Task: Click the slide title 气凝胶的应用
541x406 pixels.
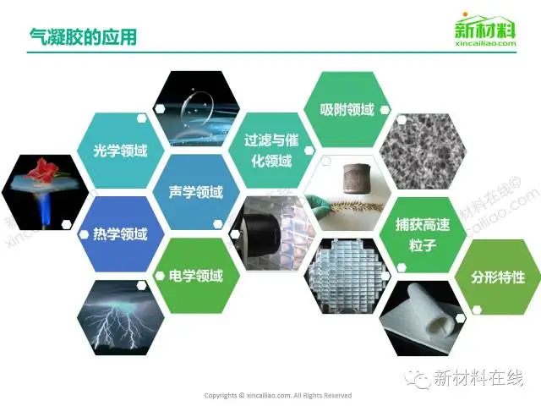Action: (83, 36)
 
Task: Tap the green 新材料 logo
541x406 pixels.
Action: (484, 29)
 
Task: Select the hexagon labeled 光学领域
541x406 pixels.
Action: (120, 151)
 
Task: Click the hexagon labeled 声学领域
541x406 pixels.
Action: (196, 192)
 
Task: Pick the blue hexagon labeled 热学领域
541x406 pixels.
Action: (120, 234)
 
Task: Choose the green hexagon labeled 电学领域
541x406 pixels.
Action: (196, 276)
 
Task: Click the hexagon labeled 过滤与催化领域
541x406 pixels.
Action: (272, 151)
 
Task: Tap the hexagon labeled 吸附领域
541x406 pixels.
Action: (347, 109)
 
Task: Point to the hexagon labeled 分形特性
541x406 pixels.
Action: (498, 277)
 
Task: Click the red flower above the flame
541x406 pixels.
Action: (43, 168)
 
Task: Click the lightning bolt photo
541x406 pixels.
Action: (120, 318)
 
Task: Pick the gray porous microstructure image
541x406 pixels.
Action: (423, 151)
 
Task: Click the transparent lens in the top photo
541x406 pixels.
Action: (198, 107)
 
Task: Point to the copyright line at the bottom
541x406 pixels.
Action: (278, 395)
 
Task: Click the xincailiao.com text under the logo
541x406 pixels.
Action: (485, 43)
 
